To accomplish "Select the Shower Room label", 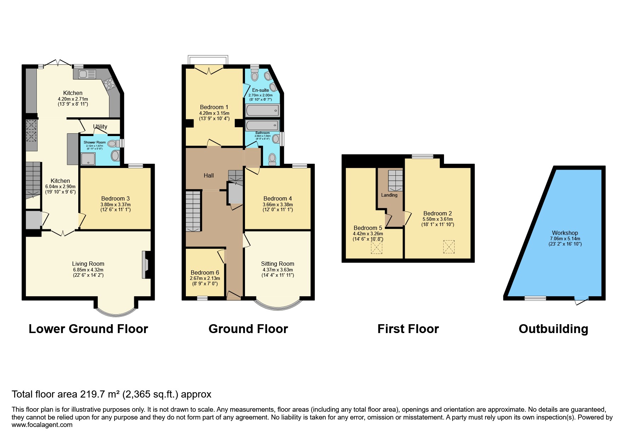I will [95, 142].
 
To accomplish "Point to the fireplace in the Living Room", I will [146, 265].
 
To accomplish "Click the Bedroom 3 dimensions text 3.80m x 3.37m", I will [115, 204].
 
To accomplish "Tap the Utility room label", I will [100, 126].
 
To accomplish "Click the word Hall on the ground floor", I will [209, 175].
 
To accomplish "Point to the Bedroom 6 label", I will [205, 272].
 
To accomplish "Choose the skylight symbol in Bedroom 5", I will [376, 248].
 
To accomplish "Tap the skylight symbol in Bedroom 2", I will [449, 247].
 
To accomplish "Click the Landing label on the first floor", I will [389, 195].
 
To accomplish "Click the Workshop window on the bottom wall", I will [535, 298].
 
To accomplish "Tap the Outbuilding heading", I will [553, 329].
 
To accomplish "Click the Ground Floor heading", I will [248, 329].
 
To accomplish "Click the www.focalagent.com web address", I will [42, 425].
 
